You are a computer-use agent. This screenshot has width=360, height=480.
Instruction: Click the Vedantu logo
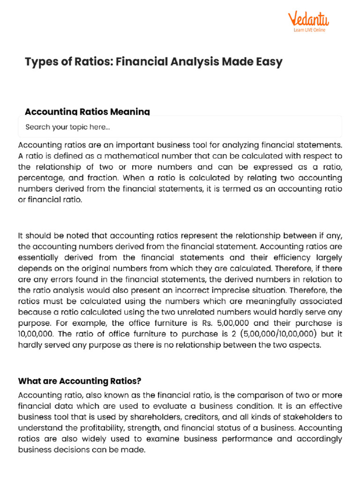308,19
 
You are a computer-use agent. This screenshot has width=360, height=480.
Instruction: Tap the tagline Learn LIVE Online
309,30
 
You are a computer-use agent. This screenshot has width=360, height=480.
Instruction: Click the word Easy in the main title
268,62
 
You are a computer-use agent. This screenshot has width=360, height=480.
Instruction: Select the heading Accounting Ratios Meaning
87,112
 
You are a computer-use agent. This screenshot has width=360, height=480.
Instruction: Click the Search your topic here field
180,127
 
